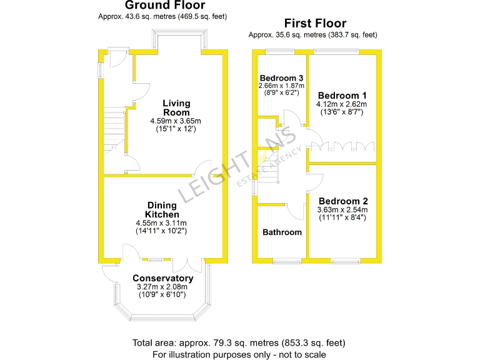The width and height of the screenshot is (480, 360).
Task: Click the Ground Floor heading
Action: click(162, 6)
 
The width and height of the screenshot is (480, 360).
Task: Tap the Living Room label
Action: click(176, 107)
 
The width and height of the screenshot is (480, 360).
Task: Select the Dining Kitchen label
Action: click(161, 210)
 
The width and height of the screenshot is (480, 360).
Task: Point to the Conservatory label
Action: click(163, 278)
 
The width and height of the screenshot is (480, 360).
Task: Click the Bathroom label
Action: click(282, 232)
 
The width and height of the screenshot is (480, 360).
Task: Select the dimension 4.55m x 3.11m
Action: click(161, 222)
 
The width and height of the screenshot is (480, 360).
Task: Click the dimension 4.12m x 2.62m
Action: click(341, 104)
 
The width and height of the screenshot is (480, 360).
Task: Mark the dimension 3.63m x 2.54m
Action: click(341, 209)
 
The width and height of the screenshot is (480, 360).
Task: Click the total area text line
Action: click(239, 342)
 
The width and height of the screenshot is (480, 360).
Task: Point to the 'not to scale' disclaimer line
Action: click(239, 354)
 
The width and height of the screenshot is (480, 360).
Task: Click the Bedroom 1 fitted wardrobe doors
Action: click(341, 147)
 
